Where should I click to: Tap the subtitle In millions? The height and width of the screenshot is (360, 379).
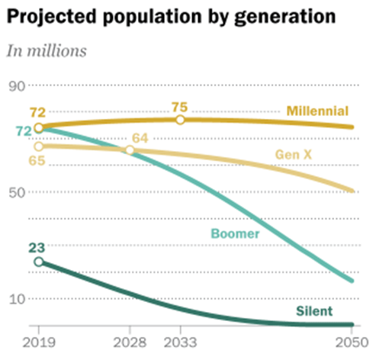coord(47,51)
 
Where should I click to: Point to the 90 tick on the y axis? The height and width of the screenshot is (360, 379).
coord(16,85)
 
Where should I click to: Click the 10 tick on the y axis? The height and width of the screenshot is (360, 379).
coord(16,298)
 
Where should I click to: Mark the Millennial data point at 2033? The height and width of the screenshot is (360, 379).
coord(180,120)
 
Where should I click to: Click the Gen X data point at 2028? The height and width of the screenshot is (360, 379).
coord(130,151)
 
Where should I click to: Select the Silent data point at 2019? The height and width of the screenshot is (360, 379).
coord(39,262)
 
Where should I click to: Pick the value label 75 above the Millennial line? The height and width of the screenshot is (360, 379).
coord(179,104)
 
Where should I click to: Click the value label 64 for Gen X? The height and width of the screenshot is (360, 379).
coord(140,137)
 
